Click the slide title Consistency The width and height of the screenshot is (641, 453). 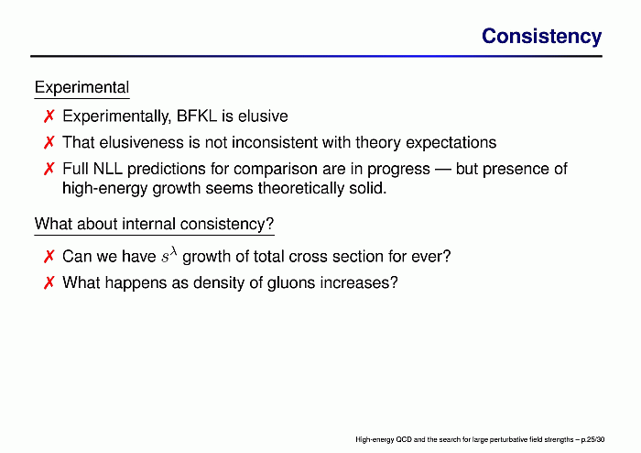point(542,37)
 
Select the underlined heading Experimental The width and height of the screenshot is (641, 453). point(81,87)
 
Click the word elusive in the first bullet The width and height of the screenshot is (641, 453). point(263,116)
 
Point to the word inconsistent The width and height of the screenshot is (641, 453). point(275,142)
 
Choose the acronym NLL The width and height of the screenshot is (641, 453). point(108,169)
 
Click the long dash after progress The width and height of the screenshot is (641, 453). point(443,169)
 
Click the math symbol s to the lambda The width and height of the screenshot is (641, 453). point(168,255)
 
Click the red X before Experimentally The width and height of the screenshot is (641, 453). point(49,116)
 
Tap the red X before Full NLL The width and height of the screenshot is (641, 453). point(49,169)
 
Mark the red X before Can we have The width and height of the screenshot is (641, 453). point(49,257)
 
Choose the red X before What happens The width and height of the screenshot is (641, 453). point(49,282)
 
